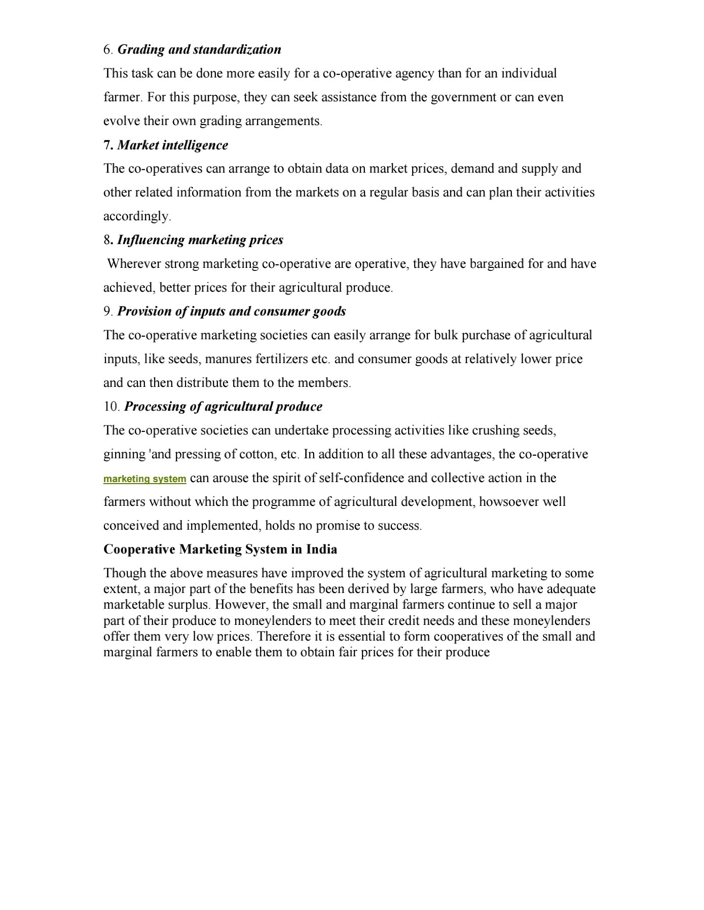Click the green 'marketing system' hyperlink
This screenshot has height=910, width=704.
click(x=144, y=479)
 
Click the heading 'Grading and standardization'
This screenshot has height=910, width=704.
click(x=199, y=50)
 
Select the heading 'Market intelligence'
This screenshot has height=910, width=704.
click(x=172, y=145)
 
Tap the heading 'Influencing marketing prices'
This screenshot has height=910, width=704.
click(x=200, y=240)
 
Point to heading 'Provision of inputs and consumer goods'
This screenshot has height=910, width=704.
click(x=232, y=311)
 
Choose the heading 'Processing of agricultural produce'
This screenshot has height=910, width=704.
click(x=223, y=407)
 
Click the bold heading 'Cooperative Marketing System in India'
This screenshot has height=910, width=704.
click(x=220, y=549)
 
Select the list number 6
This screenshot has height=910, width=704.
click(x=107, y=50)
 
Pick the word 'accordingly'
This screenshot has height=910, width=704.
click(x=136, y=216)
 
